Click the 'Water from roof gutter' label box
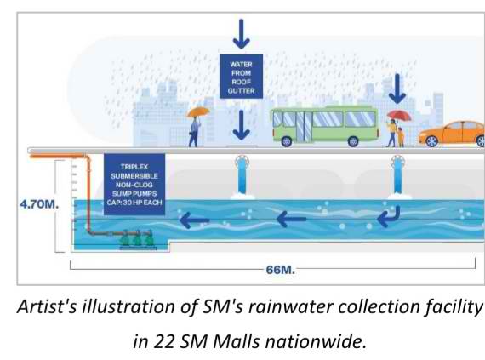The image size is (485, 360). click(242, 77)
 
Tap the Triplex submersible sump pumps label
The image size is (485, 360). click(134, 185)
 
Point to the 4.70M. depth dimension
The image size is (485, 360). click(39, 204)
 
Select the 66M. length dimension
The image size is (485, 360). click(281, 270)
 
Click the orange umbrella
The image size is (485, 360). click(198, 111)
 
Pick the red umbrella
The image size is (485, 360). click(399, 116)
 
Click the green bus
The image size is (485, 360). click(325, 126)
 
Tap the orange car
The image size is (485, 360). click(452, 134)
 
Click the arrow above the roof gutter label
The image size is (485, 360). click(242, 34)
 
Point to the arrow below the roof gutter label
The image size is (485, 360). click(242, 125)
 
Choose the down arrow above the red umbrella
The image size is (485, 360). click(397, 89)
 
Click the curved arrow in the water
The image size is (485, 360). click(389, 216)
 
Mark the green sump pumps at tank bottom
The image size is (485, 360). click(138, 239)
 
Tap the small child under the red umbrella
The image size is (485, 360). click(401, 138)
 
